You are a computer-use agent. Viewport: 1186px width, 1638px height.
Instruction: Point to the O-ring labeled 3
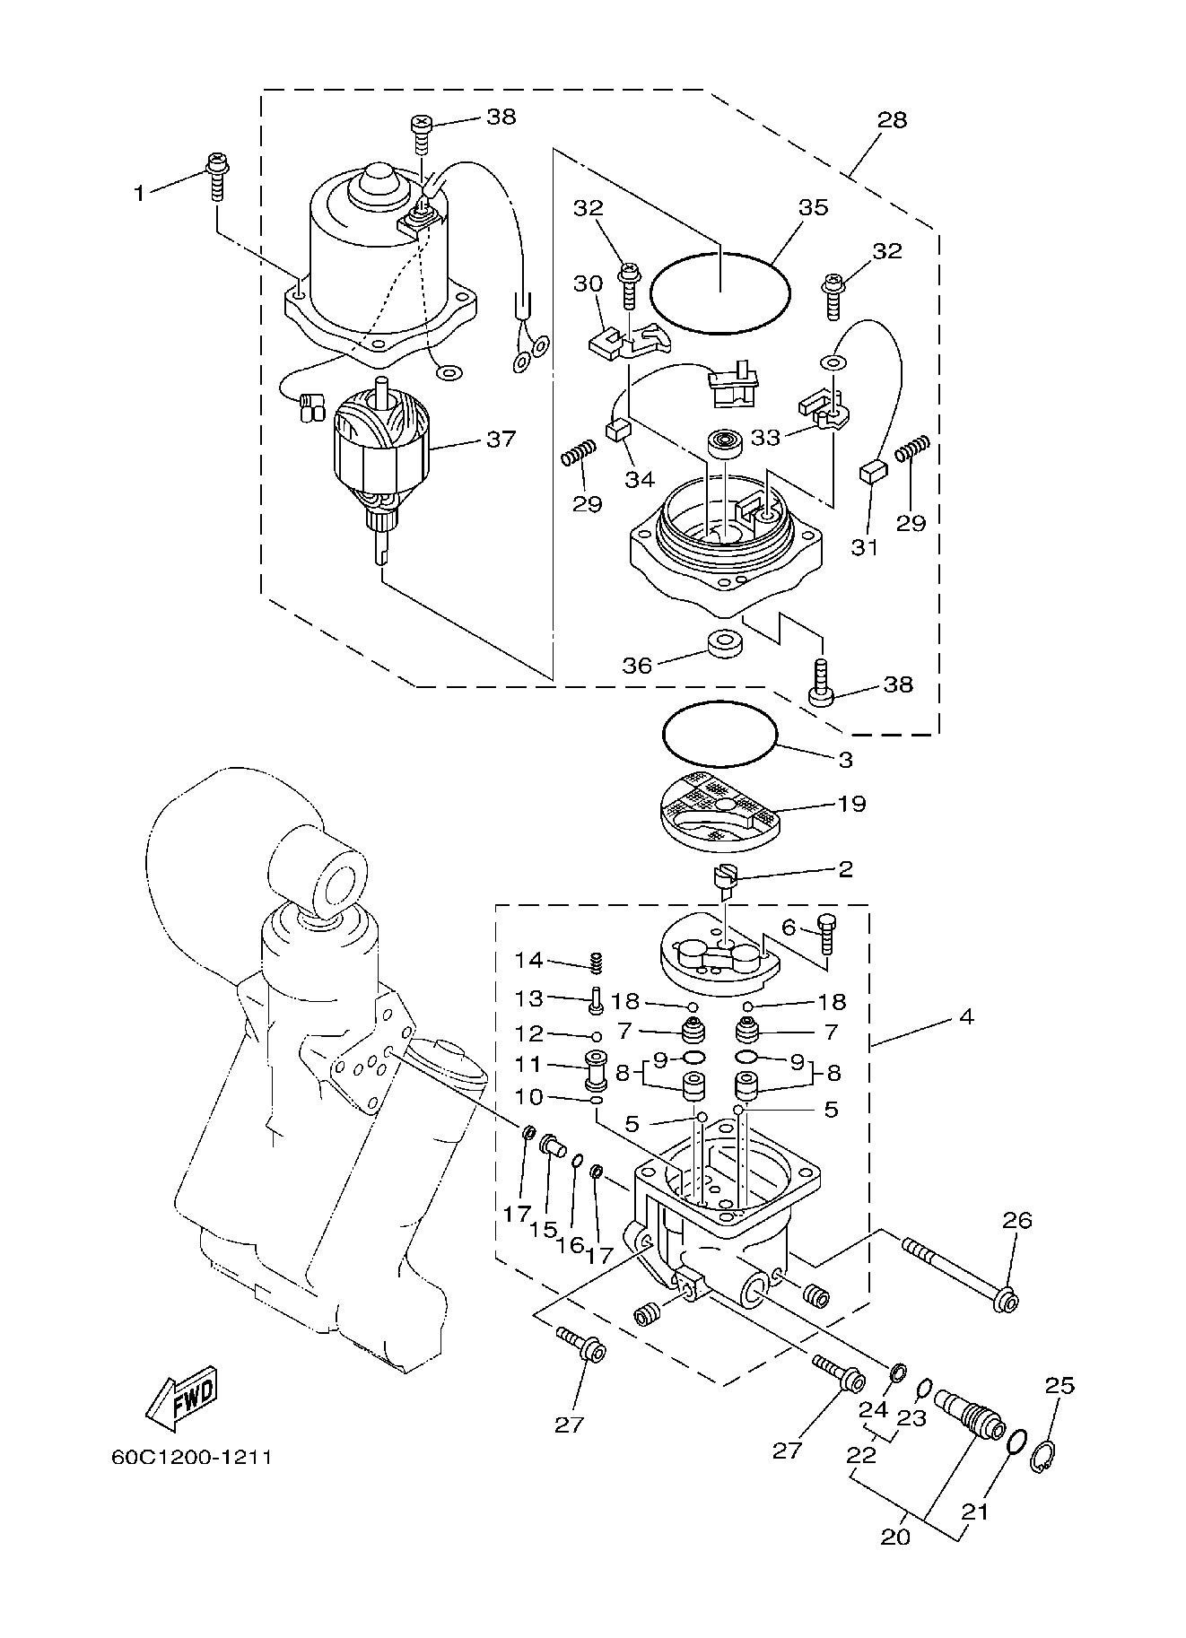pyautogui.click(x=719, y=734)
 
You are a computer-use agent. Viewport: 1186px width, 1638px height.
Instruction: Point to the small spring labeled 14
pyautogui.click(x=594, y=962)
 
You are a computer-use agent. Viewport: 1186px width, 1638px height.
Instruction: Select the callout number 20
pyautogui.click(x=895, y=1537)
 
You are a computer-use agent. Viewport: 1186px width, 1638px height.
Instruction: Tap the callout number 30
pyautogui.click(x=587, y=283)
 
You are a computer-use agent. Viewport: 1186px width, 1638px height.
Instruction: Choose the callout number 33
pyautogui.click(x=765, y=437)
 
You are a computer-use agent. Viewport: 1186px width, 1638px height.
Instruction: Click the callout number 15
pyautogui.click(x=543, y=1228)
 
